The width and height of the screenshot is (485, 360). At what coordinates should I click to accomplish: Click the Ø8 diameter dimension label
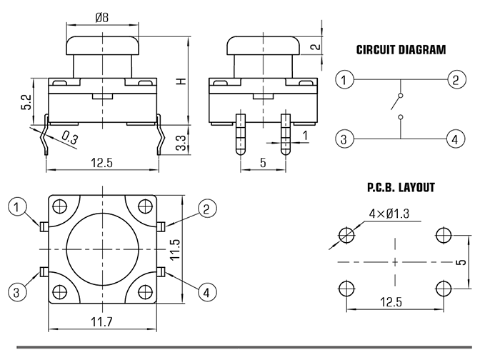click(x=102, y=18)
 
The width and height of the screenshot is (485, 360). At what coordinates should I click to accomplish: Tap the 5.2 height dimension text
click(x=26, y=101)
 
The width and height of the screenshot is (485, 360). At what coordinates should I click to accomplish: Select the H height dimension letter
click(x=182, y=81)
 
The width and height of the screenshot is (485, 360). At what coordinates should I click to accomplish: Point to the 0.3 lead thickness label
click(x=69, y=138)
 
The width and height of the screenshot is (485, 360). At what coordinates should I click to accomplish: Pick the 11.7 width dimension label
click(x=101, y=322)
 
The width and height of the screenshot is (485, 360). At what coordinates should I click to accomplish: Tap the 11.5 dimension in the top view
click(x=175, y=249)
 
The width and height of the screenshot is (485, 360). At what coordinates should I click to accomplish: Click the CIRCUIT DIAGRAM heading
click(x=401, y=50)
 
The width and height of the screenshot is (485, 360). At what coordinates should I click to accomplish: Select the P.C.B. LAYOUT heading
click(x=401, y=187)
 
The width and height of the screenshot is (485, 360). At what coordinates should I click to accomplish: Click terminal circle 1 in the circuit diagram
click(x=344, y=80)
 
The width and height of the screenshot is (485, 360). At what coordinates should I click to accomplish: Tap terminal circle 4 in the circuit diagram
click(x=455, y=139)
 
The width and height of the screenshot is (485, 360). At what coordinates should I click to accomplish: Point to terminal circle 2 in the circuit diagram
click(x=456, y=80)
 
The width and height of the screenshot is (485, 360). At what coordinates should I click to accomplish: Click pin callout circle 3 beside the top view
click(x=16, y=292)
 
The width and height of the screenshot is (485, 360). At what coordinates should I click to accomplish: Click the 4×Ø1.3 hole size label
click(x=389, y=214)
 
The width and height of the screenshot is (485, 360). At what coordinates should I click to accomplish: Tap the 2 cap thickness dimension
click(x=316, y=46)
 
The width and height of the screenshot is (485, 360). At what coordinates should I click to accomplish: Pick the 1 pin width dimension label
click(x=305, y=136)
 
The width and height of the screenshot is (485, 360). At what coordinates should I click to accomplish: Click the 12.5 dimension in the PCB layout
click(x=391, y=301)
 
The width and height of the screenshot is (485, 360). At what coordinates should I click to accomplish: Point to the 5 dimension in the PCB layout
click(x=461, y=262)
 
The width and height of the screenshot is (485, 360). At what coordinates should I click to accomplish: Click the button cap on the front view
click(x=102, y=46)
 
